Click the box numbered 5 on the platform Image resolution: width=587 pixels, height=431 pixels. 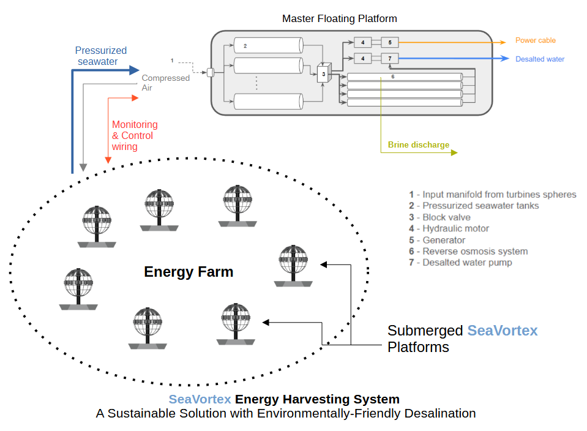click(x=389, y=42)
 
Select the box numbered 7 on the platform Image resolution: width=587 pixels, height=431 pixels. click(x=389, y=58)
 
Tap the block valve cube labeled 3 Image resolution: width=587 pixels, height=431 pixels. click(x=324, y=73)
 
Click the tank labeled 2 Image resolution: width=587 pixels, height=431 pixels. click(x=269, y=45)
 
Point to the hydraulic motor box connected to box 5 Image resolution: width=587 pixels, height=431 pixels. click(x=362, y=42)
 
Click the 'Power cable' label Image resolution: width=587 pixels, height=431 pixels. click(x=535, y=40)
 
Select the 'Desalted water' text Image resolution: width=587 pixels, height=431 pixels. click(x=539, y=59)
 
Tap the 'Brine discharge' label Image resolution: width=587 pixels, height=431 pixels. click(x=418, y=145)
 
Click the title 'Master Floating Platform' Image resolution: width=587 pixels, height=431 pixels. click(x=339, y=18)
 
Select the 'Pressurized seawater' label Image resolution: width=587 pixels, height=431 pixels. click(x=100, y=56)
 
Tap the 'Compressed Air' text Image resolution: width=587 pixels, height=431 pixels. click(x=165, y=83)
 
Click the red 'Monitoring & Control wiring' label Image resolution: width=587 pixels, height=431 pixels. click(x=134, y=135)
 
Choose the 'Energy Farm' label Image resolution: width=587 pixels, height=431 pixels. click(x=189, y=271)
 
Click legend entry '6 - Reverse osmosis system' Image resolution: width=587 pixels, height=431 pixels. click(x=468, y=251)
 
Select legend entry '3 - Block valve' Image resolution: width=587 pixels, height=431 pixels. click(x=439, y=217)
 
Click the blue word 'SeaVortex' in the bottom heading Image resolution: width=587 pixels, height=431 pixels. click(x=200, y=399)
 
